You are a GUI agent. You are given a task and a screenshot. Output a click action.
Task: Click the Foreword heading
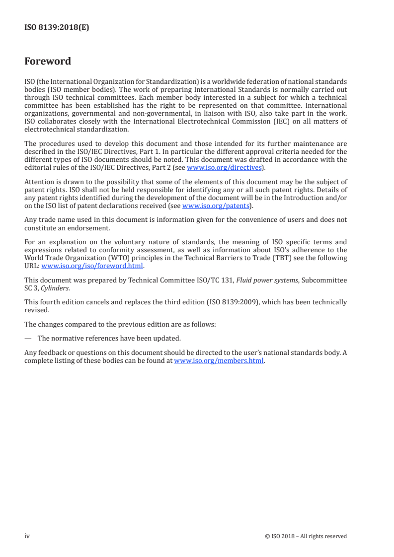(48, 62)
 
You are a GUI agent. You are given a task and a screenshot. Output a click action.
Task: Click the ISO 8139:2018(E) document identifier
(57, 28)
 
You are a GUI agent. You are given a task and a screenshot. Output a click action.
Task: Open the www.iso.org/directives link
(224, 167)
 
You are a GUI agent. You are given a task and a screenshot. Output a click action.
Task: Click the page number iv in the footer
(27, 536)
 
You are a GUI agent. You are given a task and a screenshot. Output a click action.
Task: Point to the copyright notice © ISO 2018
(306, 536)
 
